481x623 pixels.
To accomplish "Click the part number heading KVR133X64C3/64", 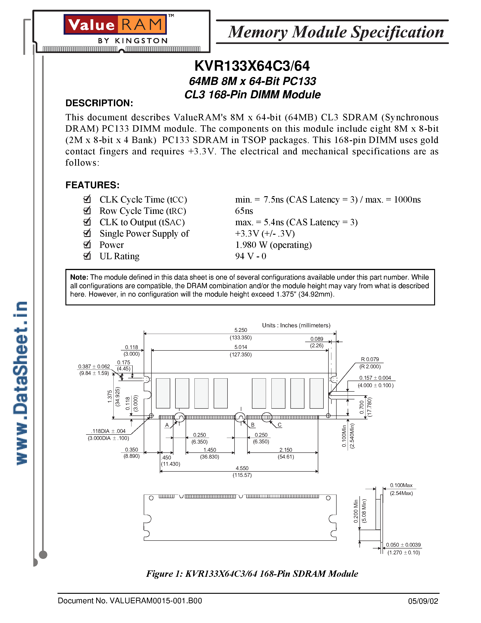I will point(252,66).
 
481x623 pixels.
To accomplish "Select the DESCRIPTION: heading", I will point(99,103).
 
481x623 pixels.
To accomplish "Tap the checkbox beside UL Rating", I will point(87,256).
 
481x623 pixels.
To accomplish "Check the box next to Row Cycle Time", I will point(87,210).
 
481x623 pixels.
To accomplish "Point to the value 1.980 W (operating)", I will point(273,245).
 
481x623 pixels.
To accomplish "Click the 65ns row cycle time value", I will point(244,211).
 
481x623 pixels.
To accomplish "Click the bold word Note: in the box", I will point(79,277).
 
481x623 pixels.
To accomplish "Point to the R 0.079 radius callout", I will point(370,359).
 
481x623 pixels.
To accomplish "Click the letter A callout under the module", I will point(167,425).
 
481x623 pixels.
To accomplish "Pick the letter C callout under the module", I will point(280,425).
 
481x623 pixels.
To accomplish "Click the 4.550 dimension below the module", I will point(242,468).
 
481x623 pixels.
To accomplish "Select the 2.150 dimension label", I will point(285,450).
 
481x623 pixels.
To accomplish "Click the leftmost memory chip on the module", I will point(163,393).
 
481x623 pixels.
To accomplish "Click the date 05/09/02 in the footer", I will point(423,601).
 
